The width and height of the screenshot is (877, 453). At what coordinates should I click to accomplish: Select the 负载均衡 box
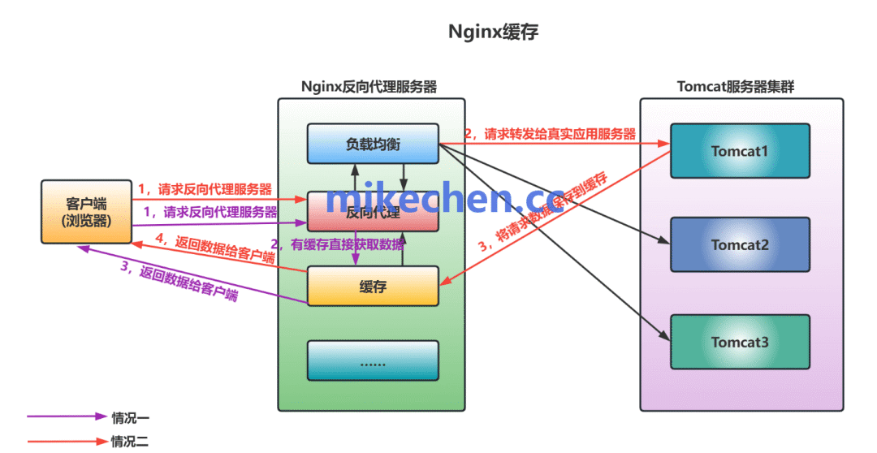pyautogui.click(x=372, y=144)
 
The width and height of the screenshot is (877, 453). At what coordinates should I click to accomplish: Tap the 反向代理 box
pyautogui.click(x=372, y=213)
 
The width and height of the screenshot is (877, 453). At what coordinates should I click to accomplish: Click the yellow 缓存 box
pyautogui.click(x=372, y=286)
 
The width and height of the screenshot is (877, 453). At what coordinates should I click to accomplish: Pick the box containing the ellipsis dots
pyautogui.click(x=372, y=360)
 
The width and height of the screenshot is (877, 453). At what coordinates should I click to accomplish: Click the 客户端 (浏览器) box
pyautogui.click(x=87, y=211)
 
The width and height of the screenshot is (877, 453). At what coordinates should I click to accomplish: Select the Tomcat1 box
pyautogui.click(x=740, y=151)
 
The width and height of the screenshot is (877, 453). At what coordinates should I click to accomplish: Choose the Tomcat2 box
pyautogui.click(x=740, y=244)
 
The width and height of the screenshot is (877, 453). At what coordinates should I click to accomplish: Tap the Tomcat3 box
pyautogui.click(x=740, y=342)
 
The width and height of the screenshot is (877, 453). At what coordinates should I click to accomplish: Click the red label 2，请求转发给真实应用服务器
pyautogui.click(x=550, y=134)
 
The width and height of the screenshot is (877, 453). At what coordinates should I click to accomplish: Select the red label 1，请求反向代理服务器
pyautogui.click(x=205, y=189)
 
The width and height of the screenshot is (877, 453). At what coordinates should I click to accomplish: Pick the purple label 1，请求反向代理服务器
pyautogui.click(x=210, y=213)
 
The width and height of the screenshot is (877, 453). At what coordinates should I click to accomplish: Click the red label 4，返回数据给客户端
pyautogui.click(x=214, y=248)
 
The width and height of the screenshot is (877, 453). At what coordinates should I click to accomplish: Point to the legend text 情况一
pyautogui.click(x=131, y=417)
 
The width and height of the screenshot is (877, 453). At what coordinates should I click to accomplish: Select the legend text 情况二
pyautogui.click(x=131, y=442)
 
